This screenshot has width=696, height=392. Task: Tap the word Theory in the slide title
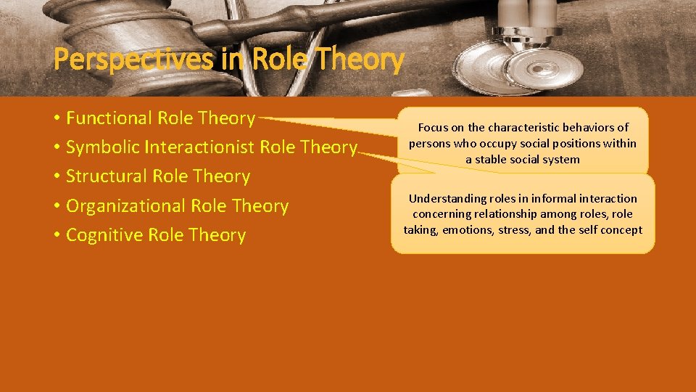pyautogui.click(x=361, y=60)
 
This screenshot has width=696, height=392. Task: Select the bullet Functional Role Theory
pyautogui.click(x=160, y=118)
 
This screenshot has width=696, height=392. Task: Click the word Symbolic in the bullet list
pyautogui.click(x=102, y=147)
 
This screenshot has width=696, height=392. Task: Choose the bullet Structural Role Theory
pyautogui.click(x=158, y=176)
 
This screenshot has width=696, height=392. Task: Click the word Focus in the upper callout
pyautogui.click(x=433, y=128)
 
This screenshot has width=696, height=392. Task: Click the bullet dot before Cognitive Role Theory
pyautogui.click(x=57, y=236)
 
